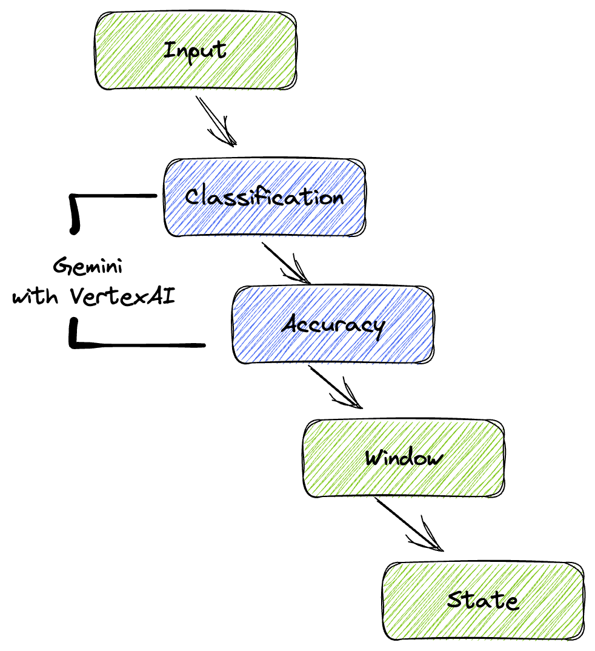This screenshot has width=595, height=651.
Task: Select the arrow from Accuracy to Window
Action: click(334, 386)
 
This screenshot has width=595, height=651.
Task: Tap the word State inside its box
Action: click(483, 600)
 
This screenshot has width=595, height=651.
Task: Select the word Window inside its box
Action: click(404, 457)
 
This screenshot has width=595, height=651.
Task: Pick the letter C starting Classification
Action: click(193, 197)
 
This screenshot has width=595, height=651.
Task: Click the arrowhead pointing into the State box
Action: click(434, 544)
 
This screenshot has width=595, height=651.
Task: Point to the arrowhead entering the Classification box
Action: click(228, 139)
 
